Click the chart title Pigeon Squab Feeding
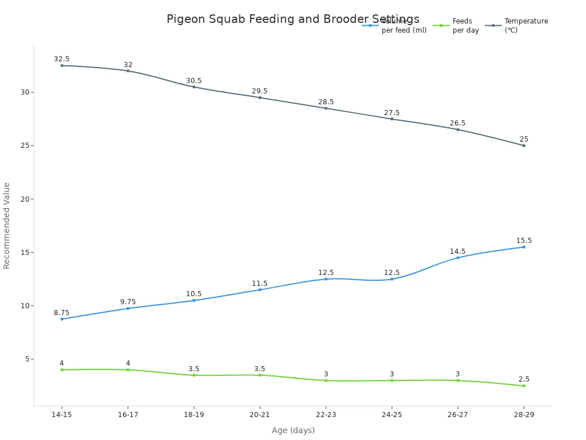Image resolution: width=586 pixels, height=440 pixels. tap(292, 19)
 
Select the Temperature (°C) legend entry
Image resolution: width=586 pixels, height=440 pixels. tap(525, 25)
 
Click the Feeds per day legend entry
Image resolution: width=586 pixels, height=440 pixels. tap(465, 25)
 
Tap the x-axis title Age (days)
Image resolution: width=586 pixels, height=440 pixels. tap(293, 430)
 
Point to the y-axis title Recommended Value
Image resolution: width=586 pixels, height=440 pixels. tap(7, 225)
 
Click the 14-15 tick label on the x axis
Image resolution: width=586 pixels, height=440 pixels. tap(62, 414)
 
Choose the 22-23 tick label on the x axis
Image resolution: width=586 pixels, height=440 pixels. tap(326, 414)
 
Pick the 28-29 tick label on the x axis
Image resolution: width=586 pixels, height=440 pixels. tap(524, 414)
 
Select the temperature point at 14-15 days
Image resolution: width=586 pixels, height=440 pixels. tap(62, 65)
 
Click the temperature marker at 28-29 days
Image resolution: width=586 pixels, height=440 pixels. tap(524, 146)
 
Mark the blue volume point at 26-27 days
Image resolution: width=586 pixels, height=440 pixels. tap(458, 258)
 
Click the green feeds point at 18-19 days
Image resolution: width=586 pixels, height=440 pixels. tap(194, 375)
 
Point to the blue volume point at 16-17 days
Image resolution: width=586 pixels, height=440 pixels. tap(128, 308)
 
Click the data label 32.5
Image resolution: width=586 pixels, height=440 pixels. tap(62, 59)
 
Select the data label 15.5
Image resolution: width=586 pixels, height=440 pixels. tap(524, 241)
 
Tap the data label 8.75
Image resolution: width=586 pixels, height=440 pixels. tap(62, 313)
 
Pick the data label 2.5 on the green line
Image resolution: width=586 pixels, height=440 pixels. tap(524, 379)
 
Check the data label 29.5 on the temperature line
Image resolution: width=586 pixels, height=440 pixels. tap(260, 91)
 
